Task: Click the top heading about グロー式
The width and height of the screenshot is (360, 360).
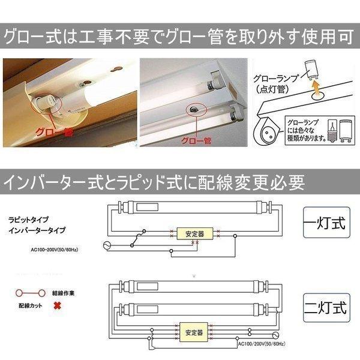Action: (179, 38)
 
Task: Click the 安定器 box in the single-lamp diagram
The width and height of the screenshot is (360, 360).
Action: (195, 234)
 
